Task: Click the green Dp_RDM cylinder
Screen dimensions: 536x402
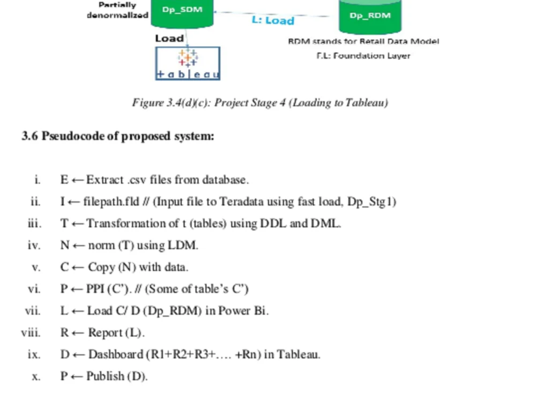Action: click(370, 17)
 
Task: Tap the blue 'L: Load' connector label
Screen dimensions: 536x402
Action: click(273, 20)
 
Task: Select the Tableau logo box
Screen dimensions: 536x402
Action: click(188, 63)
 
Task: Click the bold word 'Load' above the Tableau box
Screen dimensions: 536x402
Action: click(169, 38)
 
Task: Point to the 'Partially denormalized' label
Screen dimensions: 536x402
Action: click(117, 10)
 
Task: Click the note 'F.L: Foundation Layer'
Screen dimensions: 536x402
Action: click(363, 55)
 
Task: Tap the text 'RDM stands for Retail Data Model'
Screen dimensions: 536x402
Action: click(363, 41)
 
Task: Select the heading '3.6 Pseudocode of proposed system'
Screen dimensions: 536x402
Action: click(118, 136)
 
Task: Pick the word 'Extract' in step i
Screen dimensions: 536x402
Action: click(105, 180)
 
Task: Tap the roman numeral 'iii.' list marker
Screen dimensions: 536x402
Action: click(34, 223)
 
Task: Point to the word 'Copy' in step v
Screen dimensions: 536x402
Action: click(101, 267)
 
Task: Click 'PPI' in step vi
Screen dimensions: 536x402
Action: click(95, 289)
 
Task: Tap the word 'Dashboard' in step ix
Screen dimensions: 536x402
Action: click(116, 354)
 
